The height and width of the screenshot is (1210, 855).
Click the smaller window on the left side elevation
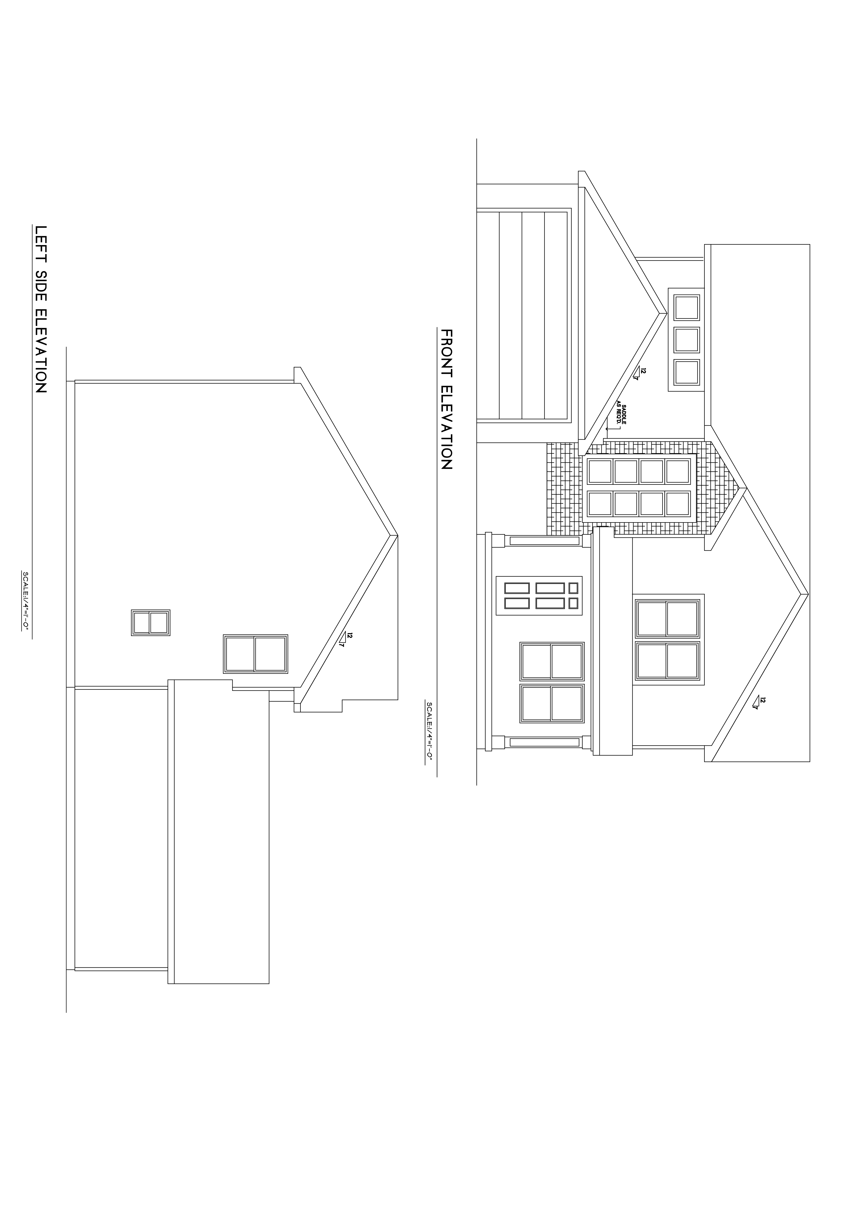(151, 622)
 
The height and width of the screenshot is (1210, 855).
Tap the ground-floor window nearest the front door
(552, 661)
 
